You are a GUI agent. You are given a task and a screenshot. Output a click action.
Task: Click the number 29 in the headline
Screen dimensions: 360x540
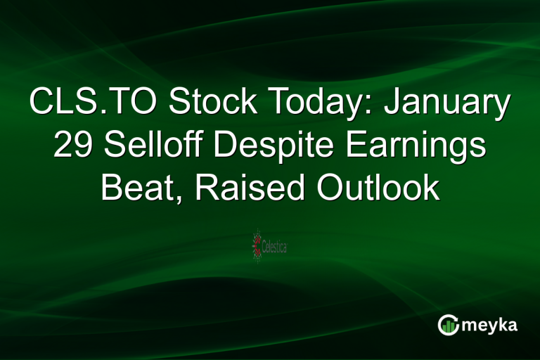71,146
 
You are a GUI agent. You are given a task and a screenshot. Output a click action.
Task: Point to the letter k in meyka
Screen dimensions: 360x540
503,324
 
